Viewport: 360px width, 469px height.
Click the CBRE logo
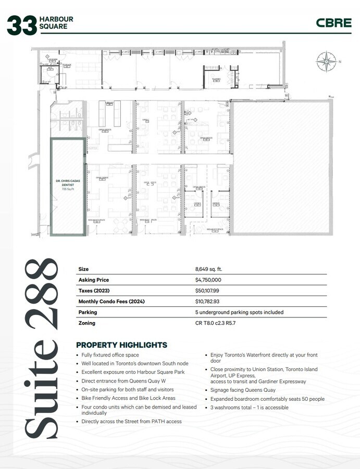click(x=333, y=23)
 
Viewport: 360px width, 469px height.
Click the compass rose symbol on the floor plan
click(x=325, y=61)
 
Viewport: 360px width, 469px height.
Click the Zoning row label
click(x=87, y=323)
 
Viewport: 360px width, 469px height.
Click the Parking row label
click(x=88, y=312)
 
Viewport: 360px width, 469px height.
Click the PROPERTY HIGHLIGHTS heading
click(x=121, y=345)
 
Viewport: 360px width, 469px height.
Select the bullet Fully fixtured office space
click(x=110, y=355)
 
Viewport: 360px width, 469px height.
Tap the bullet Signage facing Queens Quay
click(x=243, y=390)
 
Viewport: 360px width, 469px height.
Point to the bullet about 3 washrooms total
click(x=249, y=408)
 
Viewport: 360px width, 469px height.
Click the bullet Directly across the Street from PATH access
click(x=131, y=421)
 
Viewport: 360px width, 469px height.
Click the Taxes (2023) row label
click(x=94, y=291)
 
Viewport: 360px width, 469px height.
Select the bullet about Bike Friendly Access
click(x=128, y=398)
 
